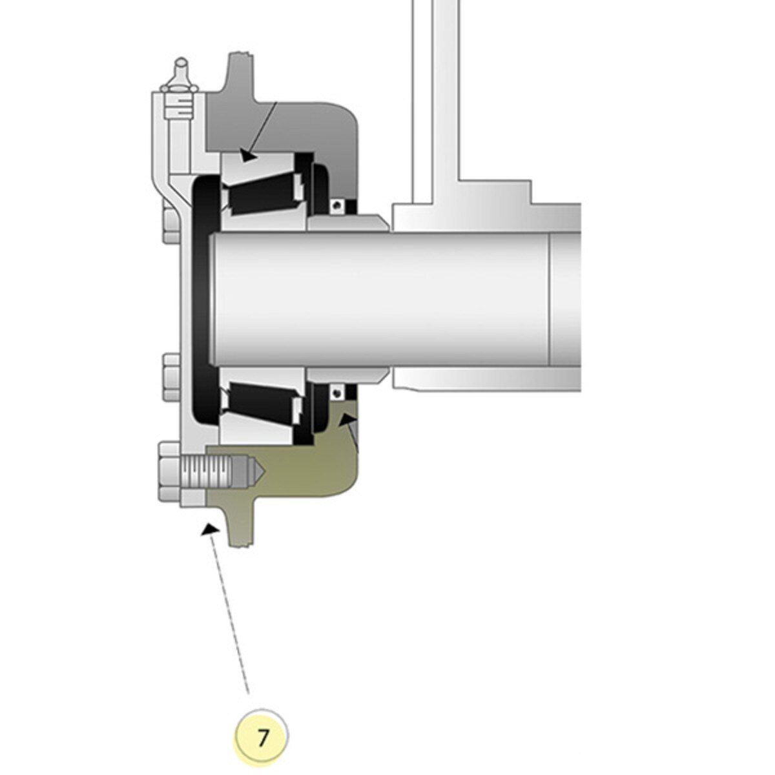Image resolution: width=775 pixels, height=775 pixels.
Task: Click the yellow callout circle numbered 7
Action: tap(262, 738)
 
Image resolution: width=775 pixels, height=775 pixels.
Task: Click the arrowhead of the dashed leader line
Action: tap(211, 530)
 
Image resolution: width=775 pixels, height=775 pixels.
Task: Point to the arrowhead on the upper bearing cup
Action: tap(248, 155)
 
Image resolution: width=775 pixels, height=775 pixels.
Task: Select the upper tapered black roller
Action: tap(265, 191)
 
